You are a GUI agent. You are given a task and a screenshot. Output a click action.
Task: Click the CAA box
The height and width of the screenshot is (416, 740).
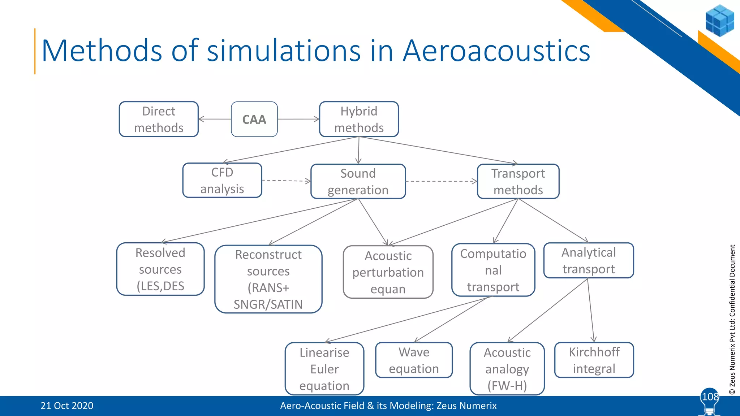click(x=254, y=119)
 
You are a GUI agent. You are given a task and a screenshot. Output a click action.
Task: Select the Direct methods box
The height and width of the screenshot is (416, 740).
click(x=159, y=119)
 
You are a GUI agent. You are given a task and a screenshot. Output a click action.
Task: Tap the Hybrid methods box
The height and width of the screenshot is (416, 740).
click(x=359, y=119)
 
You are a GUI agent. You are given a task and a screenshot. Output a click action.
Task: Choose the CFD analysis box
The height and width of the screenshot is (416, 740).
click(x=222, y=180)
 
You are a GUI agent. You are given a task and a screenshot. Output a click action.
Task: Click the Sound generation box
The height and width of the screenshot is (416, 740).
click(x=358, y=181)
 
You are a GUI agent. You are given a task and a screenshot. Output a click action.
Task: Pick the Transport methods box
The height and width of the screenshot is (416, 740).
click(x=518, y=181)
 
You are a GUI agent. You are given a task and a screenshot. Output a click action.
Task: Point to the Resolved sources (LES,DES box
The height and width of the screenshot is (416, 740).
click(x=160, y=269)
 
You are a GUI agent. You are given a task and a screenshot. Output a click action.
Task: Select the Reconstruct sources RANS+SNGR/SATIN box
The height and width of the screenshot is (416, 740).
click(x=268, y=279)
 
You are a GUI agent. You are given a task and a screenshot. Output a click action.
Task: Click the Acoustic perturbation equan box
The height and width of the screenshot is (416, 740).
click(x=388, y=272)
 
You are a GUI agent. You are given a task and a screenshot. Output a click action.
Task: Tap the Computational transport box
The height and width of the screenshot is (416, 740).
click(x=493, y=270)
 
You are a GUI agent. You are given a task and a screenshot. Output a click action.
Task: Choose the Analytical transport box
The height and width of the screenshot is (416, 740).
click(x=589, y=260)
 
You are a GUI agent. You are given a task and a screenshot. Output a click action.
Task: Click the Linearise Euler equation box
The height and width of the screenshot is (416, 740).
click(x=324, y=369)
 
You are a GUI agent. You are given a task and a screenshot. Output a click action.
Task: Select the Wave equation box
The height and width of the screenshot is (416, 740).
click(x=414, y=360)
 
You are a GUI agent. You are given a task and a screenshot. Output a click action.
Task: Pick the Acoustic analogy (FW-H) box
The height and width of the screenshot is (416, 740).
click(x=507, y=369)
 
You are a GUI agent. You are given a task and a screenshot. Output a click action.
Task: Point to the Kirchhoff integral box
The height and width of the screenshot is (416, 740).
click(x=594, y=360)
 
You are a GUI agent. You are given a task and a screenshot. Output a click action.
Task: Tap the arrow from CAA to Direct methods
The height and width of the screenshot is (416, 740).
click(x=215, y=119)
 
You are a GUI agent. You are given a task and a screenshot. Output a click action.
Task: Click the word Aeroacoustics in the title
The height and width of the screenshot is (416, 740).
click(x=496, y=51)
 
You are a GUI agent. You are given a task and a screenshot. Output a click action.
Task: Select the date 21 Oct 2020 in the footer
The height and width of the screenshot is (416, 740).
click(x=67, y=406)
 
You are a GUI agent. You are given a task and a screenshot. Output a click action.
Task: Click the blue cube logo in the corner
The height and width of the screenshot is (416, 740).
click(x=719, y=21)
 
